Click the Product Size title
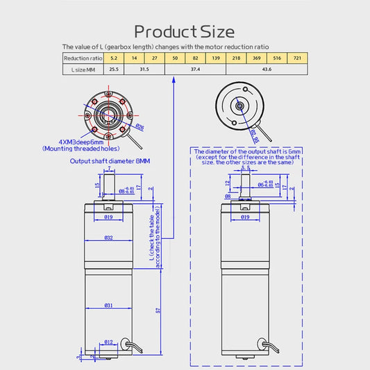point(184,31)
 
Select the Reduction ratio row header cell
point(83,58)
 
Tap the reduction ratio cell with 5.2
point(113,58)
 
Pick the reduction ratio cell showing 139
point(217,58)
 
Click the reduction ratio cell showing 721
point(299,58)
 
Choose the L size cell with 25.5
point(113,69)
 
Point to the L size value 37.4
point(195,69)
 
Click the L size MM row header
point(83,69)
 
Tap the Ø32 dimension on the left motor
point(109,237)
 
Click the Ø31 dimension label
point(109,306)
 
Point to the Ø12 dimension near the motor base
point(108,342)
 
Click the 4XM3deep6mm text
point(76,142)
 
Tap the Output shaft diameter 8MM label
point(110,160)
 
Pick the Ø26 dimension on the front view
point(140,127)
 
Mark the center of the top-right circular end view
point(239,106)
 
